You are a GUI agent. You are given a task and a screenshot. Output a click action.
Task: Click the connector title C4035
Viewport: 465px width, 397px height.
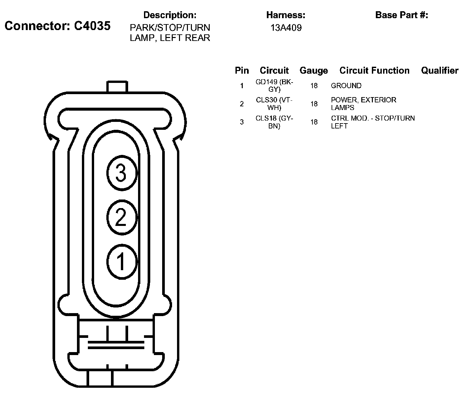pyautogui.click(x=57, y=26)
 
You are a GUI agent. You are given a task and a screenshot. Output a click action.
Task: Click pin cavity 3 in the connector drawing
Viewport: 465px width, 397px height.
pyautogui.click(x=122, y=173)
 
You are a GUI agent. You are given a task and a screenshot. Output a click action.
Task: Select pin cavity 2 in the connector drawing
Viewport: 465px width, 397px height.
pyautogui.click(x=122, y=217)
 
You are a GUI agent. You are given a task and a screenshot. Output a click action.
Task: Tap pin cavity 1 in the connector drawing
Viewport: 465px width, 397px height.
pyautogui.click(x=122, y=261)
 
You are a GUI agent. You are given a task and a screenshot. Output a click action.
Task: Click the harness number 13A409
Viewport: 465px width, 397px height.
pyautogui.click(x=286, y=28)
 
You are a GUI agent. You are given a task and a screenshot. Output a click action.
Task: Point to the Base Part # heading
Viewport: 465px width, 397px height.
pyautogui.click(x=402, y=15)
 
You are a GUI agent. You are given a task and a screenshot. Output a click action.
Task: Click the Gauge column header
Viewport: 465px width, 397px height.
pyautogui.click(x=313, y=71)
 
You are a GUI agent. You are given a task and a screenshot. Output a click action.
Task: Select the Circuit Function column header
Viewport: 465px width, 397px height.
pyautogui.click(x=374, y=70)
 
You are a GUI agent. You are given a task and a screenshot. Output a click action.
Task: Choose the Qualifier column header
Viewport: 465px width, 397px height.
pyautogui.click(x=440, y=70)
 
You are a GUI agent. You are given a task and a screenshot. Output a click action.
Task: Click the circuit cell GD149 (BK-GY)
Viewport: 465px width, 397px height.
pyautogui.click(x=274, y=86)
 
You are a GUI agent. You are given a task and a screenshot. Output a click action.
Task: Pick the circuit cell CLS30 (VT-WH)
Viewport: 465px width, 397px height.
pyautogui.click(x=274, y=104)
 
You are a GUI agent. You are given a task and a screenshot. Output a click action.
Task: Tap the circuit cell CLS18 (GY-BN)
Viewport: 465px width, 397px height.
pyautogui.click(x=274, y=122)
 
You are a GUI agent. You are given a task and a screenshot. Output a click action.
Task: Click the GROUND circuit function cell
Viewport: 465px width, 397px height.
pyautogui.click(x=346, y=86)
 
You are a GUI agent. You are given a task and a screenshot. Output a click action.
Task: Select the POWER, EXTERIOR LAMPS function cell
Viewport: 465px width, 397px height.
pyautogui.click(x=363, y=104)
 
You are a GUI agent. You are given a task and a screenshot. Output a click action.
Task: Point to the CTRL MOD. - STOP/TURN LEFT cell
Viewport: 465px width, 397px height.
pyautogui.click(x=373, y=122)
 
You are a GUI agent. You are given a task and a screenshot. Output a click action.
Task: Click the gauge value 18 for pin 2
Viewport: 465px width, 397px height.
pyautogui.click(x=314, y=104)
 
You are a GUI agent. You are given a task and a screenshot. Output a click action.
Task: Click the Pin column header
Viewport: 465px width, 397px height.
pyautogui.click(x=242, y=71)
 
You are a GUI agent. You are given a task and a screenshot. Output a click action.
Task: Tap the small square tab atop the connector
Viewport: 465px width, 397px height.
pyautogui.click(x=117, y=87)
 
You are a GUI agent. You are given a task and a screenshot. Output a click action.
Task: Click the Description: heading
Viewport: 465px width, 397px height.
pyautogui.click(x=170, y=15)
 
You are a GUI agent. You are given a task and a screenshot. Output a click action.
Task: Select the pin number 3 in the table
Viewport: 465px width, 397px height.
pyautogui.click(x=242, y=122)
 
